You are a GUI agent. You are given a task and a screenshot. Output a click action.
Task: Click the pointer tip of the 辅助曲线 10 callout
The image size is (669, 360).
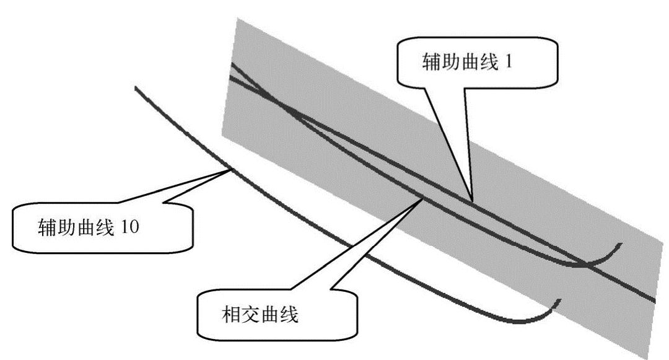[230, 169]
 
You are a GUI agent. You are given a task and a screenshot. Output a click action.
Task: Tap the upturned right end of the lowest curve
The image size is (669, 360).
[560, 301]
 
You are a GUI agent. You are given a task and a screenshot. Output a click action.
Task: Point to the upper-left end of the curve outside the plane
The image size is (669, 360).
[136, 89]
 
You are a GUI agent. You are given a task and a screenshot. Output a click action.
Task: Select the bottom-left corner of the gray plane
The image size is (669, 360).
[222, 134]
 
